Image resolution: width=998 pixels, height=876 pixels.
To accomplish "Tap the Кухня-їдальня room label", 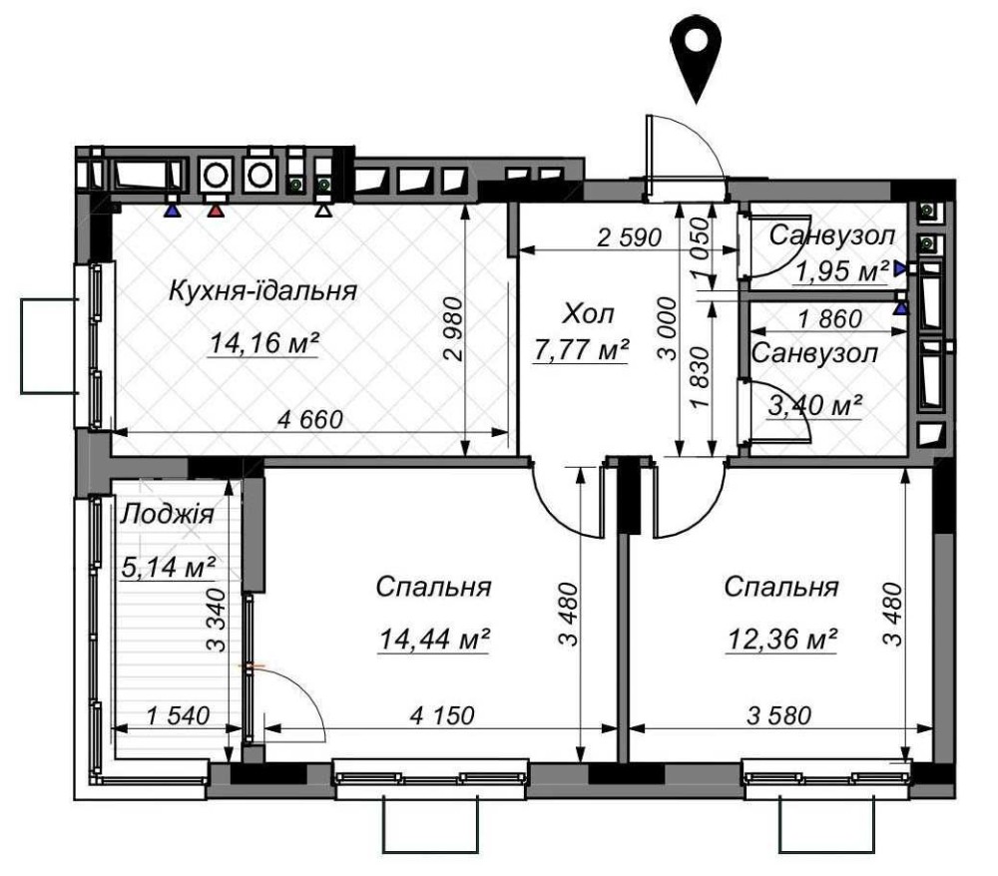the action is point(262,291).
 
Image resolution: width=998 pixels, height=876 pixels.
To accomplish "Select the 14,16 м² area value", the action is point(264,343).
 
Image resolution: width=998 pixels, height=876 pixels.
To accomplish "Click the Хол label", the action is point(589,314).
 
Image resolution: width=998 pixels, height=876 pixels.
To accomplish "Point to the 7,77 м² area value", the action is point(581,350).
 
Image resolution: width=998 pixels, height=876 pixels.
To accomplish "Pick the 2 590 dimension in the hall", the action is point(630,237).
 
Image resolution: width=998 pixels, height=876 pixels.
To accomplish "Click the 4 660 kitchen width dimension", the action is point(310,420).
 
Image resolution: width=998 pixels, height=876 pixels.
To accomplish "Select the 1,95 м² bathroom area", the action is point(842,271).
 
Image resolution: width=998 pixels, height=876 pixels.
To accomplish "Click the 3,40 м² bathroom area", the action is point(815,405).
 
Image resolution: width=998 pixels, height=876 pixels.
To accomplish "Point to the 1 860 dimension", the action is point(830,318).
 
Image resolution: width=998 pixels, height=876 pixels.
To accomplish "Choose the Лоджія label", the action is point(168,514).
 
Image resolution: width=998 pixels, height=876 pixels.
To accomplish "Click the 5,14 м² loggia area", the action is point(168,567).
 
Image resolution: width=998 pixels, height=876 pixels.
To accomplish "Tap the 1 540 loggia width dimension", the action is point(178,715).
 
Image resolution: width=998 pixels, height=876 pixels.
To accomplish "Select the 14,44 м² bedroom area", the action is point(434,639).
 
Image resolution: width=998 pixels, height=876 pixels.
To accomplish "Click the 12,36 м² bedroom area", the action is point(781,639).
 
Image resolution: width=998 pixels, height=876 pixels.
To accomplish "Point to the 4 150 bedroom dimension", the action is point(442,715).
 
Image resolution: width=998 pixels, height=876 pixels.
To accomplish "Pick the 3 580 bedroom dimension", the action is point(779,715).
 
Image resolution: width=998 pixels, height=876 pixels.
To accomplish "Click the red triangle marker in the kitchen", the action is point(217,211).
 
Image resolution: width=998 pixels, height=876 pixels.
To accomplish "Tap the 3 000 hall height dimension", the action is point(669,328).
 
